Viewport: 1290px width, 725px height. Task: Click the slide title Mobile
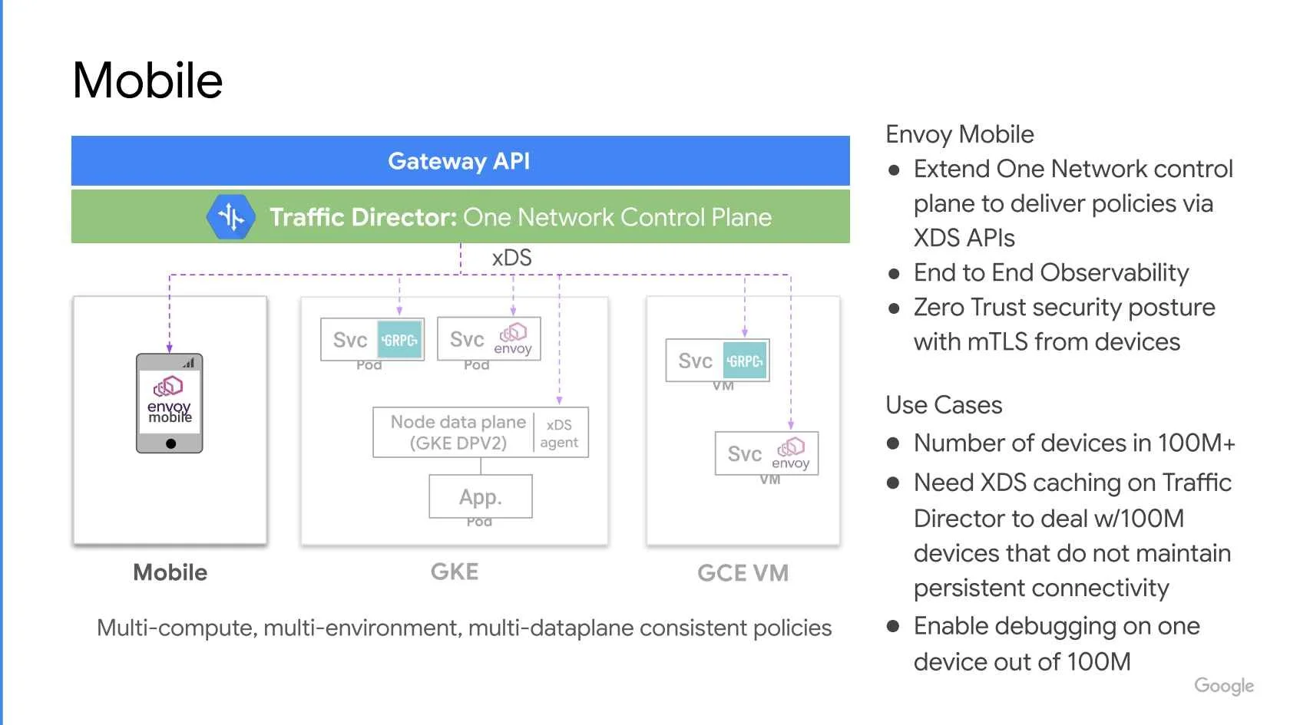147,81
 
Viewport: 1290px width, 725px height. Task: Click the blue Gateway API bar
460,160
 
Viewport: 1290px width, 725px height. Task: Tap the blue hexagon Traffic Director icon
231,217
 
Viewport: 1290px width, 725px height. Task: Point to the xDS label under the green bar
511,258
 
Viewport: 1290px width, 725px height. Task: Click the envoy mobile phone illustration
169,404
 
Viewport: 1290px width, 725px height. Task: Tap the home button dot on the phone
170,443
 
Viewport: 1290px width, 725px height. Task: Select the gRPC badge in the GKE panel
399,339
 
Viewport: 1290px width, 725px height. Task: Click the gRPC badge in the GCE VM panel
745,361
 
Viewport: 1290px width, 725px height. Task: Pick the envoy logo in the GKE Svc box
513,339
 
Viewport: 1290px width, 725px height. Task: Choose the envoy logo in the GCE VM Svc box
791,454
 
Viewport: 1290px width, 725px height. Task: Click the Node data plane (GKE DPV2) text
458,432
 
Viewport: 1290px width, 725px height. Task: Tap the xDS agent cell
559,433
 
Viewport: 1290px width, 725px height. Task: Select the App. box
481,496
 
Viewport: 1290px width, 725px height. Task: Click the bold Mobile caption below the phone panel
170,572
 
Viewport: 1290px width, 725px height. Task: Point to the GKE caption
455,572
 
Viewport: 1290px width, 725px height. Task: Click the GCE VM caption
743,573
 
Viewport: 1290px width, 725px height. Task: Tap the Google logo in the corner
1224,686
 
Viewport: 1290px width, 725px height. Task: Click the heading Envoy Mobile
960,135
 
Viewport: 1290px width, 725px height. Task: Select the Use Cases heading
944,405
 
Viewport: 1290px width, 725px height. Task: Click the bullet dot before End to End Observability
894,274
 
